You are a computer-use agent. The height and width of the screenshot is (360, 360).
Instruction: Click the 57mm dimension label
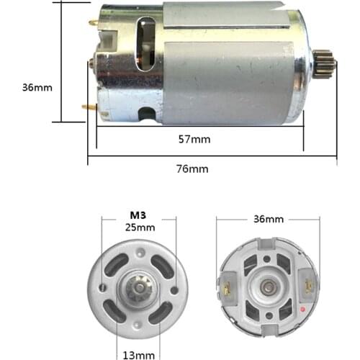[195, 139]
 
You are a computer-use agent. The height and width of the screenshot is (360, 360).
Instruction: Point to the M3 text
[138, 215]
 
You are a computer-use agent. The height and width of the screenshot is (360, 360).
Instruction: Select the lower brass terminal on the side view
[90, 107]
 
